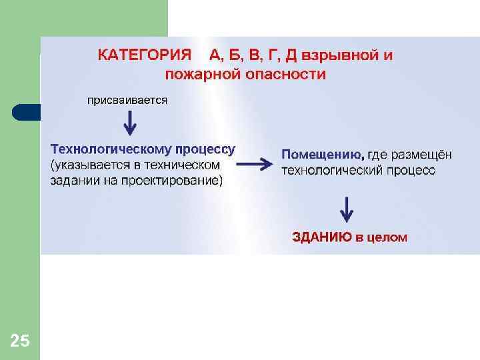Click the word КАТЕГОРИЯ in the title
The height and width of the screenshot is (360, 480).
144,55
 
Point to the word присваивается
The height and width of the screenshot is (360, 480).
127,100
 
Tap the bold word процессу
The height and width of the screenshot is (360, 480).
205,149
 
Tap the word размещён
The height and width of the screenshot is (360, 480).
421,155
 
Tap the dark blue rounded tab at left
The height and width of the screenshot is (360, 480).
25,112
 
